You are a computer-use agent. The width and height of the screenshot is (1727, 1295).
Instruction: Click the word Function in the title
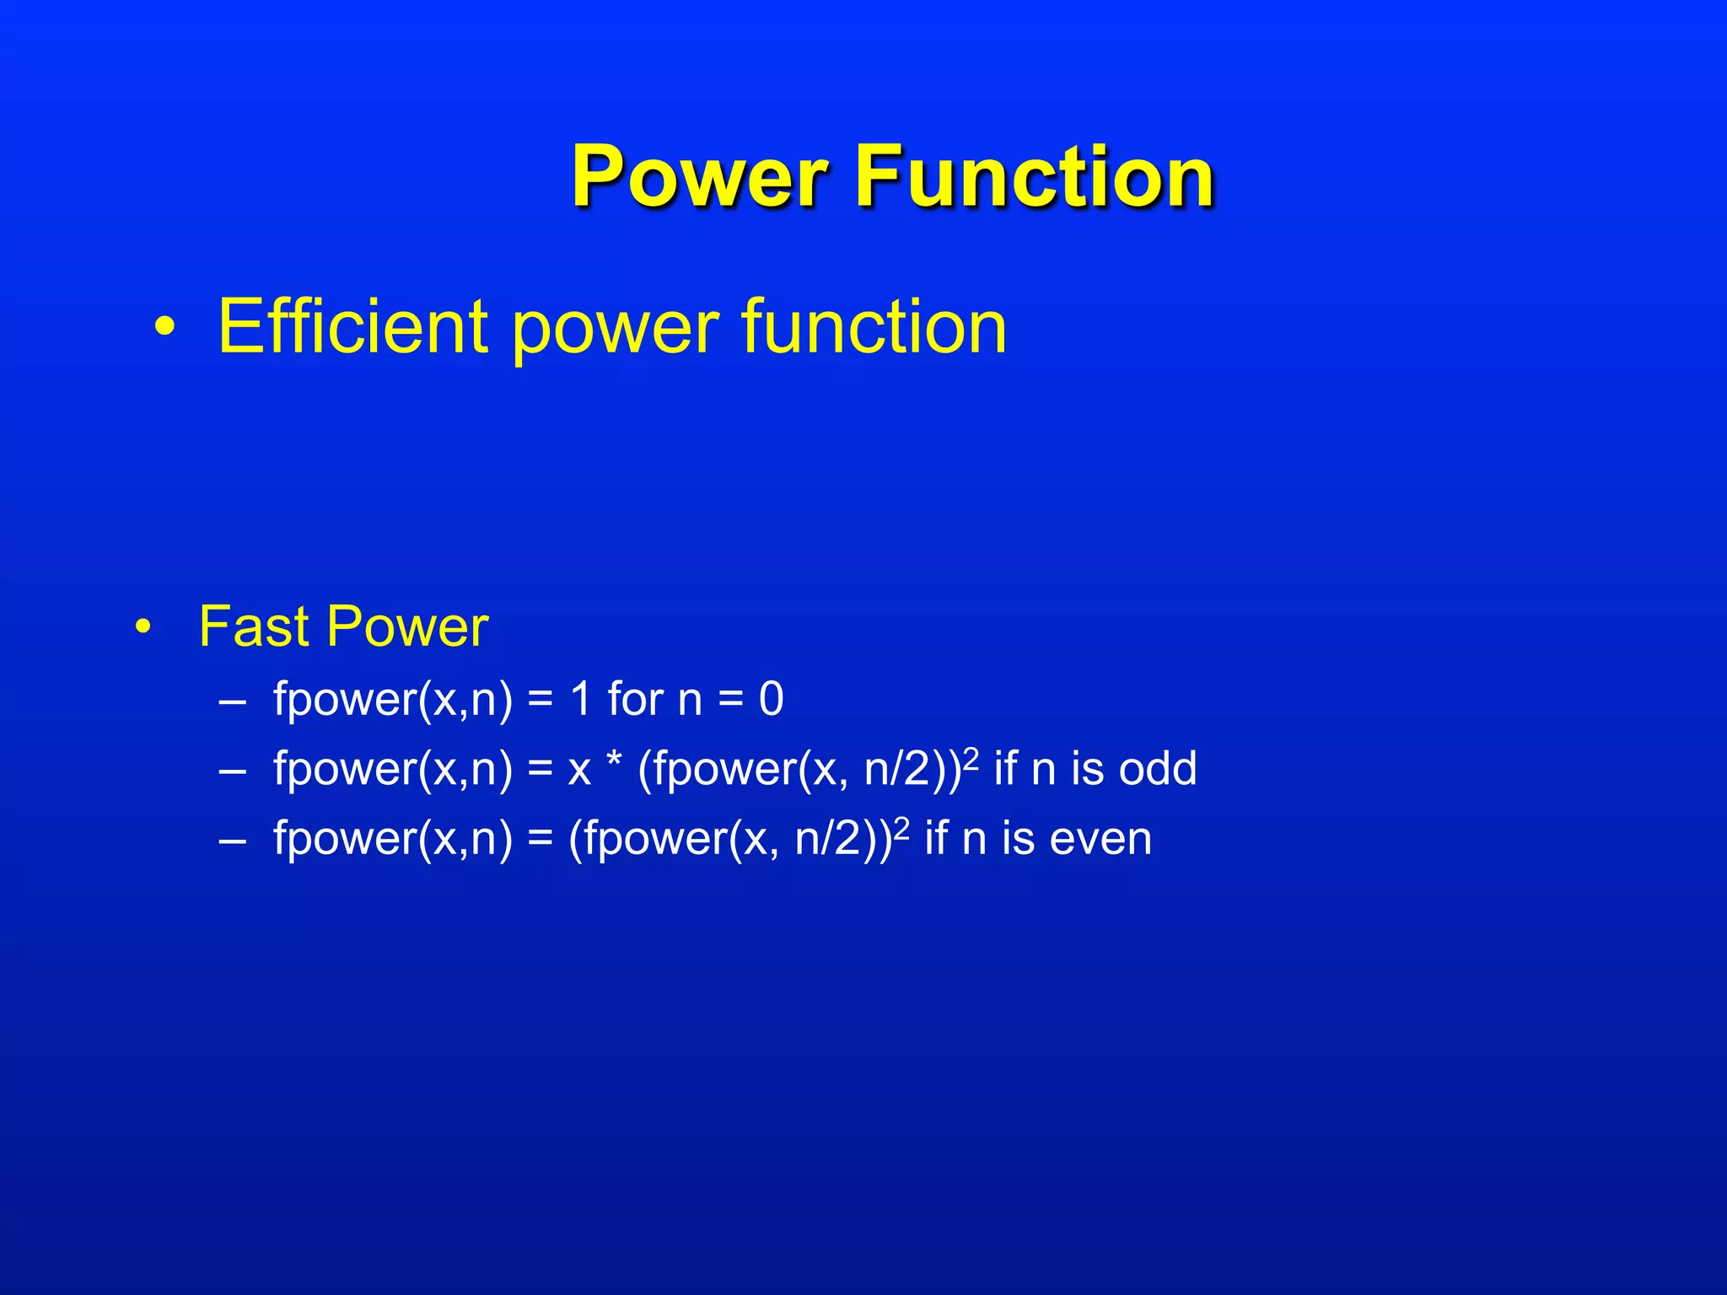(x=1035, y=176)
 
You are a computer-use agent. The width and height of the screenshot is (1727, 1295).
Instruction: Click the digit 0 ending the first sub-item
(x=771, y=700)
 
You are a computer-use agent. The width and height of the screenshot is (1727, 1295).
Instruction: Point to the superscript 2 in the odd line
(x=971, y=757)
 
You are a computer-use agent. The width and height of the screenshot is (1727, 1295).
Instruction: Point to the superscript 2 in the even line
(x=901, y=827)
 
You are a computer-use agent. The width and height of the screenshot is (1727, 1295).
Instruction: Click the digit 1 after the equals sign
(x=580, y=700)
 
